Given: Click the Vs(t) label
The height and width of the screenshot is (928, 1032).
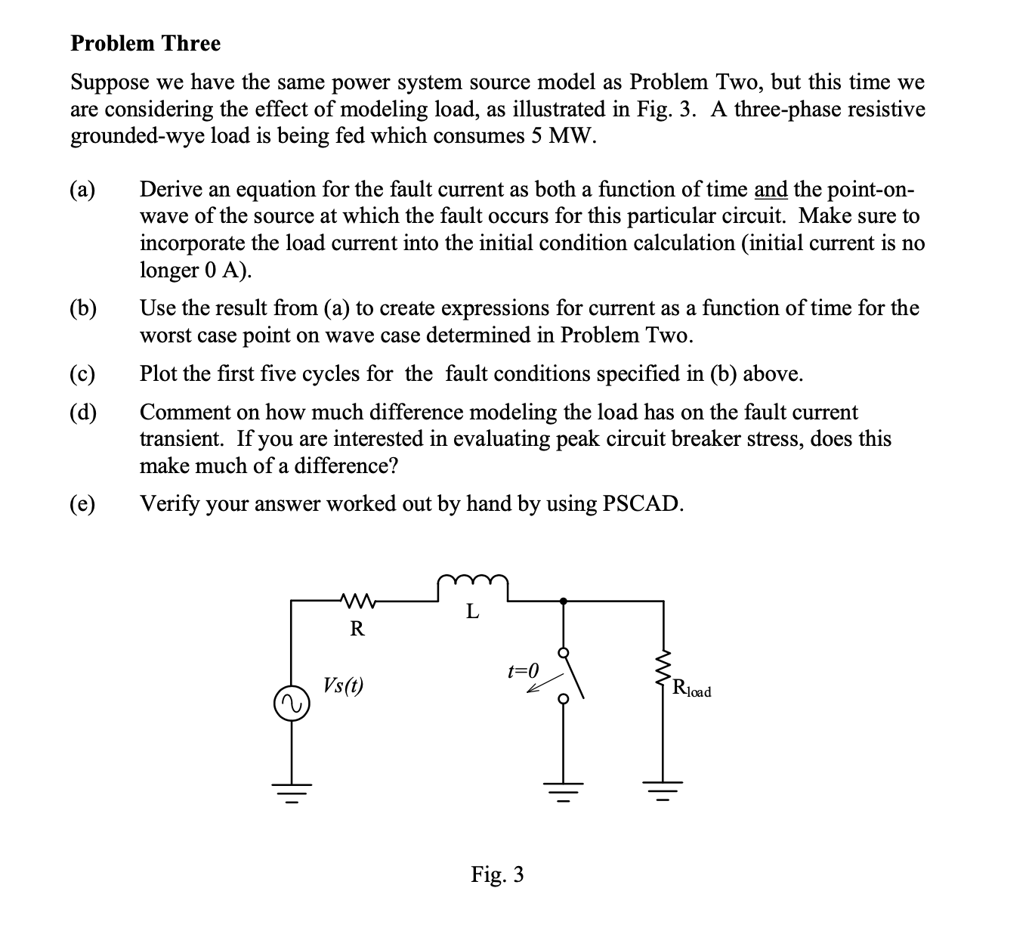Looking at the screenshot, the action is [x=343, y=685].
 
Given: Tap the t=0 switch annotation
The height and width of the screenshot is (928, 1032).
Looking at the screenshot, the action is [x=524, y=670].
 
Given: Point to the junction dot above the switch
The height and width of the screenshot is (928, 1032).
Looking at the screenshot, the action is [x=563, y=602].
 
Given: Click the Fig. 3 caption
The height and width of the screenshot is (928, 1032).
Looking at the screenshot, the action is [x=497, y=874].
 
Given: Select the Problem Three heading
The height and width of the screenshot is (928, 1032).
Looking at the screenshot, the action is [x=146, y=44].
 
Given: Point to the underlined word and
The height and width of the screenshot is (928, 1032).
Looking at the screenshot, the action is [x=771, y=189].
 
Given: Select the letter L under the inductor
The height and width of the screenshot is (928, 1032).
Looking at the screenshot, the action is [x=472, y=611].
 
